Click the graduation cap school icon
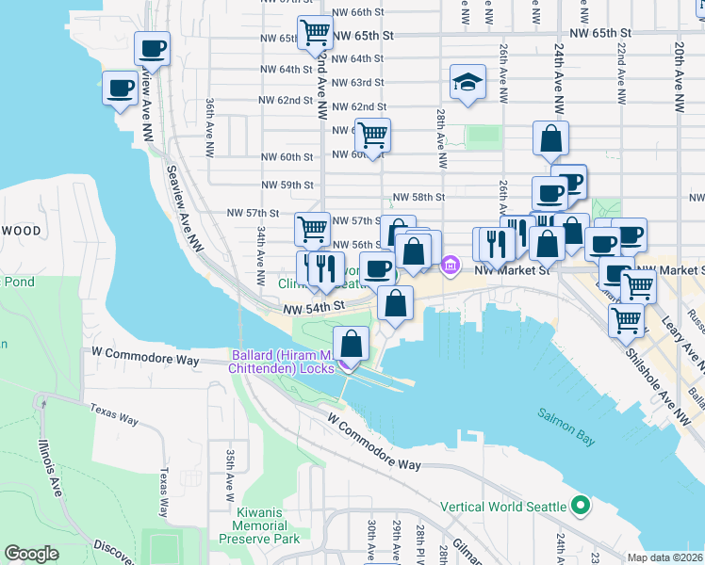pos(467,83)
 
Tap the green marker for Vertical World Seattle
pos(581,506)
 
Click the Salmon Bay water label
pos(566,413)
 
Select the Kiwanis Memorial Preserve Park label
pos(259,525)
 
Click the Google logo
pos(31,554)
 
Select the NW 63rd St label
pos(353,83)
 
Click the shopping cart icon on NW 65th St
pos(315,33)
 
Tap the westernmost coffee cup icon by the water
pos(120,89)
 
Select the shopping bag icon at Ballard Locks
pos(352,343)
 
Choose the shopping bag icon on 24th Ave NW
pos(550,138)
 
